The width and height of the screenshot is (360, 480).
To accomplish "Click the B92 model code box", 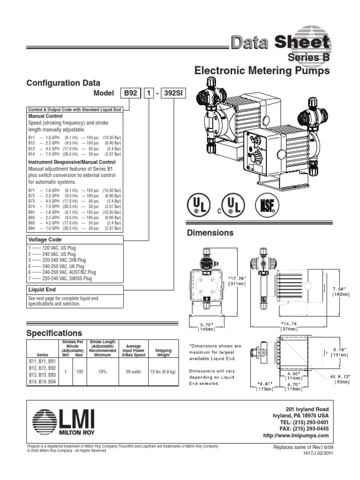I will coord(129,94).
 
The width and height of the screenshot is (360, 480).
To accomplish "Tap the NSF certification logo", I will coord(267,205).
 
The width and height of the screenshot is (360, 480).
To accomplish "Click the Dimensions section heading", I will coord(210,232).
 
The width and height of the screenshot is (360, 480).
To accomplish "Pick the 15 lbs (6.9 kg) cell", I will coord(163,371).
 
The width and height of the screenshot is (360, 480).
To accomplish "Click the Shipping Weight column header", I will coord(163,352).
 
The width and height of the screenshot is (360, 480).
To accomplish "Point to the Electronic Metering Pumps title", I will coord(262,71).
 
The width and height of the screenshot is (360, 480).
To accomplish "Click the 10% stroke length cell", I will coord(103,371).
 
